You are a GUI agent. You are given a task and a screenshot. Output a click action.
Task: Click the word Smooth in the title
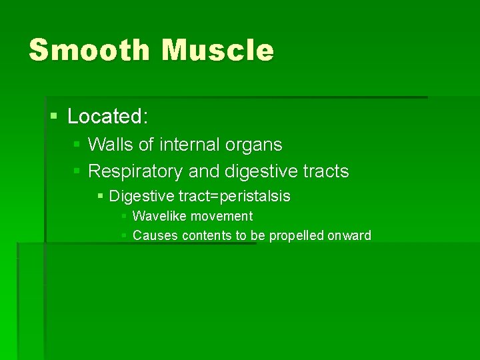click(90, 51)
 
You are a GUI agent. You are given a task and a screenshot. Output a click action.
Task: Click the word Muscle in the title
click(219, 51)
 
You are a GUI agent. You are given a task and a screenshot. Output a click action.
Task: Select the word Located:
click(107, 117)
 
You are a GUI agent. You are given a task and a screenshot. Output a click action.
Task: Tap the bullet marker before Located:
click(55, 117)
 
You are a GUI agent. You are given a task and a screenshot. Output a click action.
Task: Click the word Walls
click(111, 145)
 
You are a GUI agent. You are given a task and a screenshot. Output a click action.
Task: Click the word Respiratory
click(135, 171)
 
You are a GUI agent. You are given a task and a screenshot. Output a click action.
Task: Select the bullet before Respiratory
click(77, 171)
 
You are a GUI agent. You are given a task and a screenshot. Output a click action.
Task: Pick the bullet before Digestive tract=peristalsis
click(100, 197)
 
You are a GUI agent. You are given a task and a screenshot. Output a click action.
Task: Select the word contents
click(205, 235)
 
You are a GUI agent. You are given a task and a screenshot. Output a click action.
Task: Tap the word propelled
click(296, 235)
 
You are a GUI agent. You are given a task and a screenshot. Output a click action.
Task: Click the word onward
click(349, 235)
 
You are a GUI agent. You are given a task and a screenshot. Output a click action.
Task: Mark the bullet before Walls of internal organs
click(77, 145)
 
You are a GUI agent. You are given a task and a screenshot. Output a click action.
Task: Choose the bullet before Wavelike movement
click(124, 216)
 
